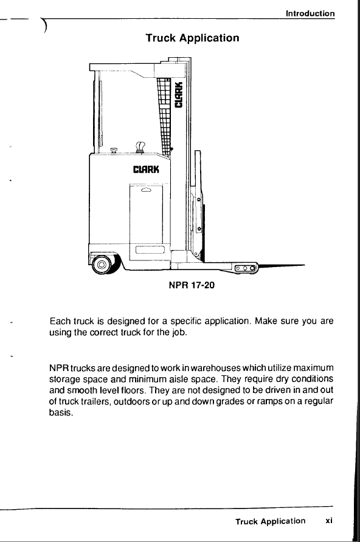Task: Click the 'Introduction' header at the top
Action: [310, 13]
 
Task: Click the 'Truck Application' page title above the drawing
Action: [192, 38]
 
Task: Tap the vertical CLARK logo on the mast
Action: [179, 95]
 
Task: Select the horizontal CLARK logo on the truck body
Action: [146, 169]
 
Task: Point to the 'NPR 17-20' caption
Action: [192, 285]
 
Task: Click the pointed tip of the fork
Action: [304, 265]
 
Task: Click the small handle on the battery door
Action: [146, 190]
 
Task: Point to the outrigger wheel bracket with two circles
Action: [245, 268]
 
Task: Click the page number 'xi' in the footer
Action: [329, 520]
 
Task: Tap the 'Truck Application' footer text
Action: [271, 521]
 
